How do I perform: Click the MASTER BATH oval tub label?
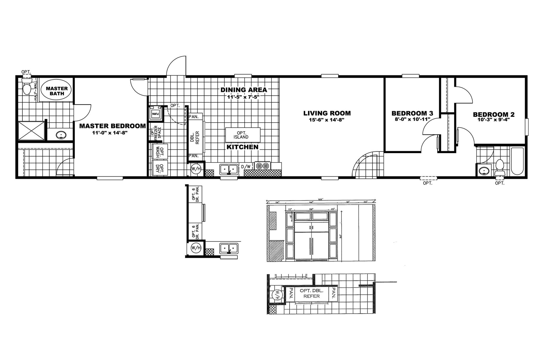(57, 91)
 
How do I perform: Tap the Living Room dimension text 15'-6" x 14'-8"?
(327, 120)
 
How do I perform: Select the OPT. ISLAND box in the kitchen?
(243, 135)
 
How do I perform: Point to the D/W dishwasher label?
(246, 167)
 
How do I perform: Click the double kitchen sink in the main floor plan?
(229, 169)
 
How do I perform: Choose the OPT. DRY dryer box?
(160, 169)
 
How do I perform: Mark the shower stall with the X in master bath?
(31, 130)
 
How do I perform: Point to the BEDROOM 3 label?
(412, 113)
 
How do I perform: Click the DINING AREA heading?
(244, 90)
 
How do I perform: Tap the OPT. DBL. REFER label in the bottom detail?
(311, 293)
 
